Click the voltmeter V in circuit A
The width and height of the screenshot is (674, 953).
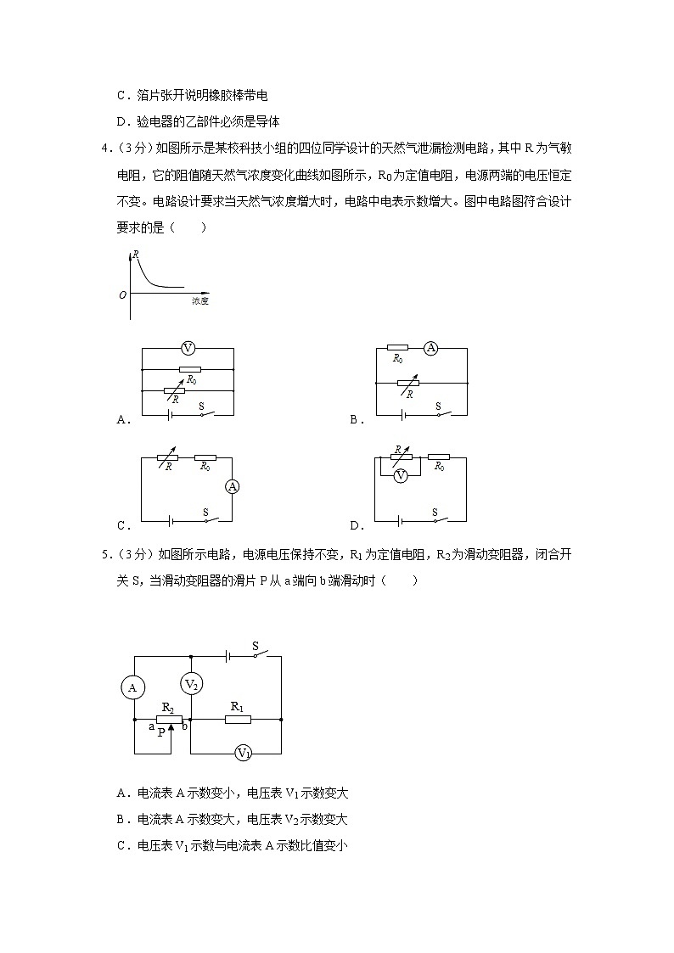[x=188, y=348]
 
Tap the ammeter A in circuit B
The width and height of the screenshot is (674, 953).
[x=431, y=348]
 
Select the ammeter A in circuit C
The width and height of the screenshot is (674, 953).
[x=232, y=486]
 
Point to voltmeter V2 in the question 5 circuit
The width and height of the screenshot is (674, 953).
[x=192, y=685]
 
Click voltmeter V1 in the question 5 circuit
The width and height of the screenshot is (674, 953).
[x=243, y=753]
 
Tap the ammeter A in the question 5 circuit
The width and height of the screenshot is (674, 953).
[x=132, y=688]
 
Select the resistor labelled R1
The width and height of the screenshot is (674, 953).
[x=238, y=719]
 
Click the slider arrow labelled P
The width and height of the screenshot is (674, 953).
[x=173, y=726]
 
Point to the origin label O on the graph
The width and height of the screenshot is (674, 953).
[x=123, y=294]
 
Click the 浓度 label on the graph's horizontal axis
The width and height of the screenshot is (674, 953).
[x=200, y=301]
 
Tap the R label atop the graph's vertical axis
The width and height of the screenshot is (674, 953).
[x=136, y=254]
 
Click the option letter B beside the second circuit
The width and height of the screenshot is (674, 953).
[x=354, y=420]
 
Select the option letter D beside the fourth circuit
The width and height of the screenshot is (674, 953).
[x=354, y=525]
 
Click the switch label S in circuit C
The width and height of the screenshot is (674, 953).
[x=205, y=512]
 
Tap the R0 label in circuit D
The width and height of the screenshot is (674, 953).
[x=441, y=467]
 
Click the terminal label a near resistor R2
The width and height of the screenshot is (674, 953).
[x=152, y=726]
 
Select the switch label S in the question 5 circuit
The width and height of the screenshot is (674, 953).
[x=256, y=647]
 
